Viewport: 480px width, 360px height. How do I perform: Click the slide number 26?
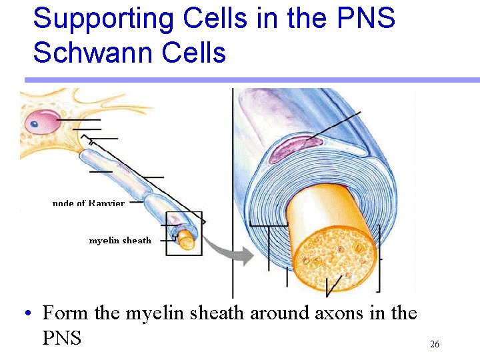pyautogui.click(x=435, y=345)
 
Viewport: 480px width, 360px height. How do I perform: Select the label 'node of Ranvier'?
pyautogui.click(x=88, y=203)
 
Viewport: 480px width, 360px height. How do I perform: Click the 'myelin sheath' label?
pyautogui.click(x=120, y=241)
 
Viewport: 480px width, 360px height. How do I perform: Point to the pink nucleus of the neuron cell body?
pyautogui.click(x=41, y=122)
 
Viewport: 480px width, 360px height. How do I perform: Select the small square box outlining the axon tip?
pyautogui.click(x=183, y=233)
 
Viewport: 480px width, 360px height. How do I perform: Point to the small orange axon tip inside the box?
pyautogui.click(x=187, y=241)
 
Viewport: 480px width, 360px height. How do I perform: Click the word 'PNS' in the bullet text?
pyautogui.click(x=61, y=339)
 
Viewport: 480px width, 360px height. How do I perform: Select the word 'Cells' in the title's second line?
pyautogui.click(x=193, y=53)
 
